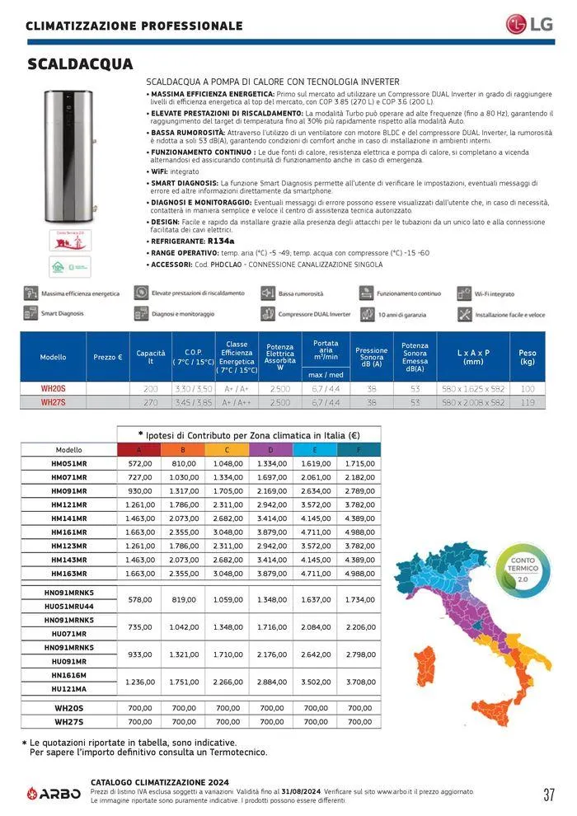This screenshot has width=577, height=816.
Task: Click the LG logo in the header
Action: point(527,24)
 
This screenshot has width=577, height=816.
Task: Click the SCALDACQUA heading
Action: point(80,64)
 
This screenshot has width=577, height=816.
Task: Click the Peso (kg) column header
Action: point(528,357)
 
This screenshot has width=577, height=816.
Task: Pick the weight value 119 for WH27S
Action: point(528,402)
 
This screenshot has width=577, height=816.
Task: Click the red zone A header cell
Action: point(139,450)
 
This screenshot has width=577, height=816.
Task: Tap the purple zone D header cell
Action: point(271,450)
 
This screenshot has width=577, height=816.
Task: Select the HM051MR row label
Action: point(68,464)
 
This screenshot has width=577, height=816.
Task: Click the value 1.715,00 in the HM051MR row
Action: point(359,464)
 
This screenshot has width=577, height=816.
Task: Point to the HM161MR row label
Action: point(68,532)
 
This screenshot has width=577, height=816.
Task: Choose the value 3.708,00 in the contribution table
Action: point(359,682)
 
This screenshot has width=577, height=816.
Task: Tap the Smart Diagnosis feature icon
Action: point(30,313)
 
